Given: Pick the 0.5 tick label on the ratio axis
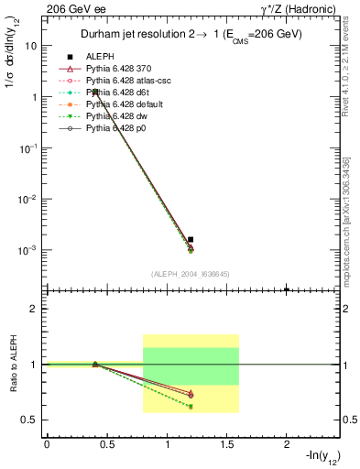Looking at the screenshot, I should pyautogui.click(x=30, y=420).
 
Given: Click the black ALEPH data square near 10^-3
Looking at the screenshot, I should pyautogui.click(x=191, y=239).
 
